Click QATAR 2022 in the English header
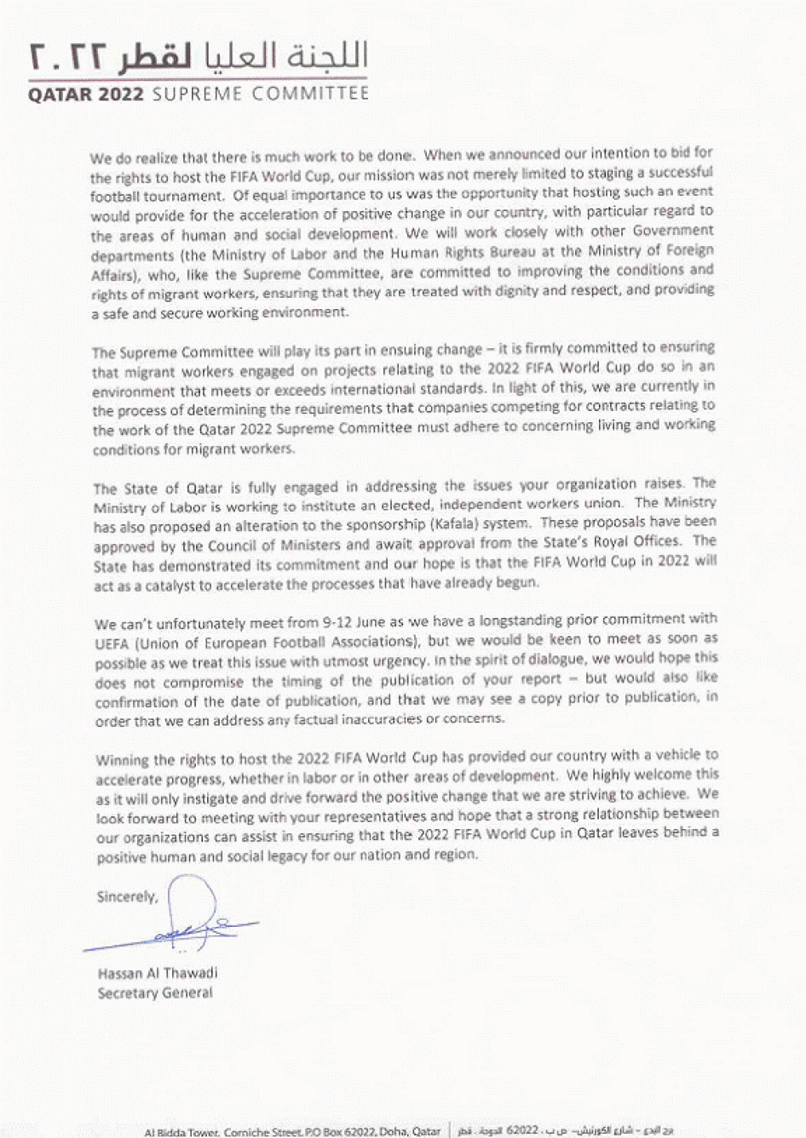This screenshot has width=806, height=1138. pyautogui.click(x=86, y=94)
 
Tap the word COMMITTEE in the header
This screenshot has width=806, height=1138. pyautogui.click(x=310, y=94)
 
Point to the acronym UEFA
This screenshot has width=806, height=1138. pyautogui.click(x=112, y=643)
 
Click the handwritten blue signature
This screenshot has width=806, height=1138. pyautogui.click(x=191, y=924)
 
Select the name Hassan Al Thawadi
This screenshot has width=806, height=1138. pyautogui.click(x=158, y=973)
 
